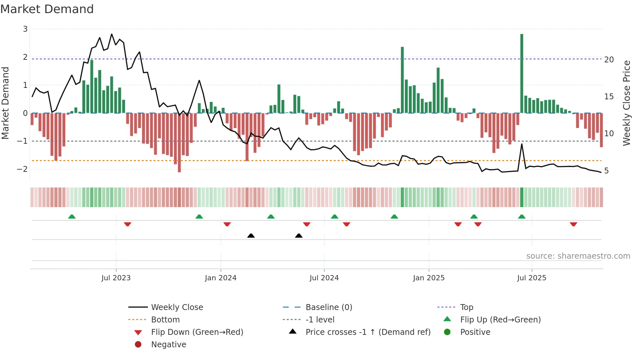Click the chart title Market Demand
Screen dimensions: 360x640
click(47, 9)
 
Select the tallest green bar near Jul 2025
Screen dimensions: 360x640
click(521, 74)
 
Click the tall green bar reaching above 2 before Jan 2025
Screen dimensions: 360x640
click(402, 80)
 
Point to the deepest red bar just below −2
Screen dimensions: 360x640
click(179, 142)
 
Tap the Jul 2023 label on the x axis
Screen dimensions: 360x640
click(116, 278)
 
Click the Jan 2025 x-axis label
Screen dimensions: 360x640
click(428, 278)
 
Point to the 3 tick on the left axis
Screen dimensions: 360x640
click(25, 29)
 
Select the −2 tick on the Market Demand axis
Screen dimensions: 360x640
click(23, 169)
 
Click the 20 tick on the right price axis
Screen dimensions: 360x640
click(609, 60)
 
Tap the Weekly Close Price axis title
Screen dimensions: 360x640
click(626, 103)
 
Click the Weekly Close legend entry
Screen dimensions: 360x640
click(177, 307)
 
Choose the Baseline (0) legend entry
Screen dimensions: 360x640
click(328, 307)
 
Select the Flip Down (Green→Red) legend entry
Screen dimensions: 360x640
click(197, 332)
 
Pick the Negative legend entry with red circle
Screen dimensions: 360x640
click(168, 344)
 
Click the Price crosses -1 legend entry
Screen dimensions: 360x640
click(368, 332)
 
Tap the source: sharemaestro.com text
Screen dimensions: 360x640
click(578, 256)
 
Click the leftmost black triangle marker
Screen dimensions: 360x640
click(251, 236)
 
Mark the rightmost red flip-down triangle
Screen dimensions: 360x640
click(573, 224)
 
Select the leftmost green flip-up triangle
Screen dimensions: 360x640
click(72, 216)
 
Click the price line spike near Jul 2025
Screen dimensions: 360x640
click(522, 144)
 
